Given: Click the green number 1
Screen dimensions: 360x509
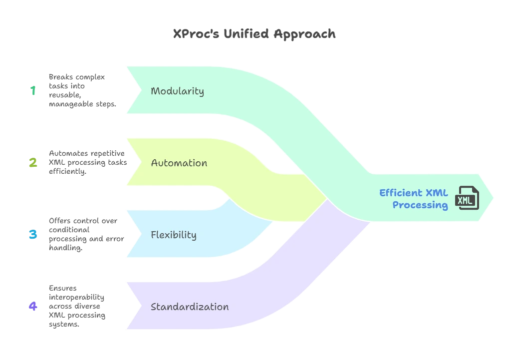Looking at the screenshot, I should coord(33,90).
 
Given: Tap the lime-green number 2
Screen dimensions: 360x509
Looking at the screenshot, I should coord(33,162).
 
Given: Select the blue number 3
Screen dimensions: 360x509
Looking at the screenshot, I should coord(33,234).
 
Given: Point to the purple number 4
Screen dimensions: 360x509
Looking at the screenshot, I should coord(33,306).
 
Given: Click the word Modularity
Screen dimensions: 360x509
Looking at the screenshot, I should coord(177,91).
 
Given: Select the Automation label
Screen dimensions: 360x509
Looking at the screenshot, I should coord(179,163).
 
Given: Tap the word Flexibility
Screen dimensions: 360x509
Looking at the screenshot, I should coord(173,235).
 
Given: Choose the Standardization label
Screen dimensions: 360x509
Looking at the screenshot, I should coord(190,307).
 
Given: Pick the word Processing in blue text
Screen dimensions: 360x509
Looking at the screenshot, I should coord(420,205).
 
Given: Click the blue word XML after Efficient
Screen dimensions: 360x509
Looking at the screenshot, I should coord(437,193).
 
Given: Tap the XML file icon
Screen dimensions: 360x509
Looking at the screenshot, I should coord(468,198).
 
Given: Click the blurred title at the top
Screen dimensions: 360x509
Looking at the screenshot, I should coord(254,34).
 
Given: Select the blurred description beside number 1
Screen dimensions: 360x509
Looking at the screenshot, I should coord(82,90).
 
